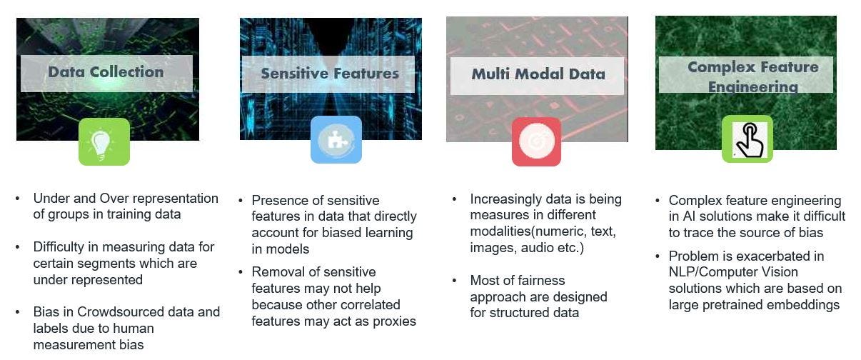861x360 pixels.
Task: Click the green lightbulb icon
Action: tap(104, 141)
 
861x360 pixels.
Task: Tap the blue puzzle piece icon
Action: tap(336, 140)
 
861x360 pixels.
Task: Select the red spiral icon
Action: tap(536, 141)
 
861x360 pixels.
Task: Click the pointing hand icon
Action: tap(747, 139)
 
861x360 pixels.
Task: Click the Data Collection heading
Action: tap(106, 72)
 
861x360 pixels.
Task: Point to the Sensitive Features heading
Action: tap(330, 74)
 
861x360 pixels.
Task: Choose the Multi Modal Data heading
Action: tap(538, 74)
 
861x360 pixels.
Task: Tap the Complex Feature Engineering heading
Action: tap(752, 76)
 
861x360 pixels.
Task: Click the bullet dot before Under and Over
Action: tap(18, 199)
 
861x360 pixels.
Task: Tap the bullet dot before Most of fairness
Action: tap(455, 280)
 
